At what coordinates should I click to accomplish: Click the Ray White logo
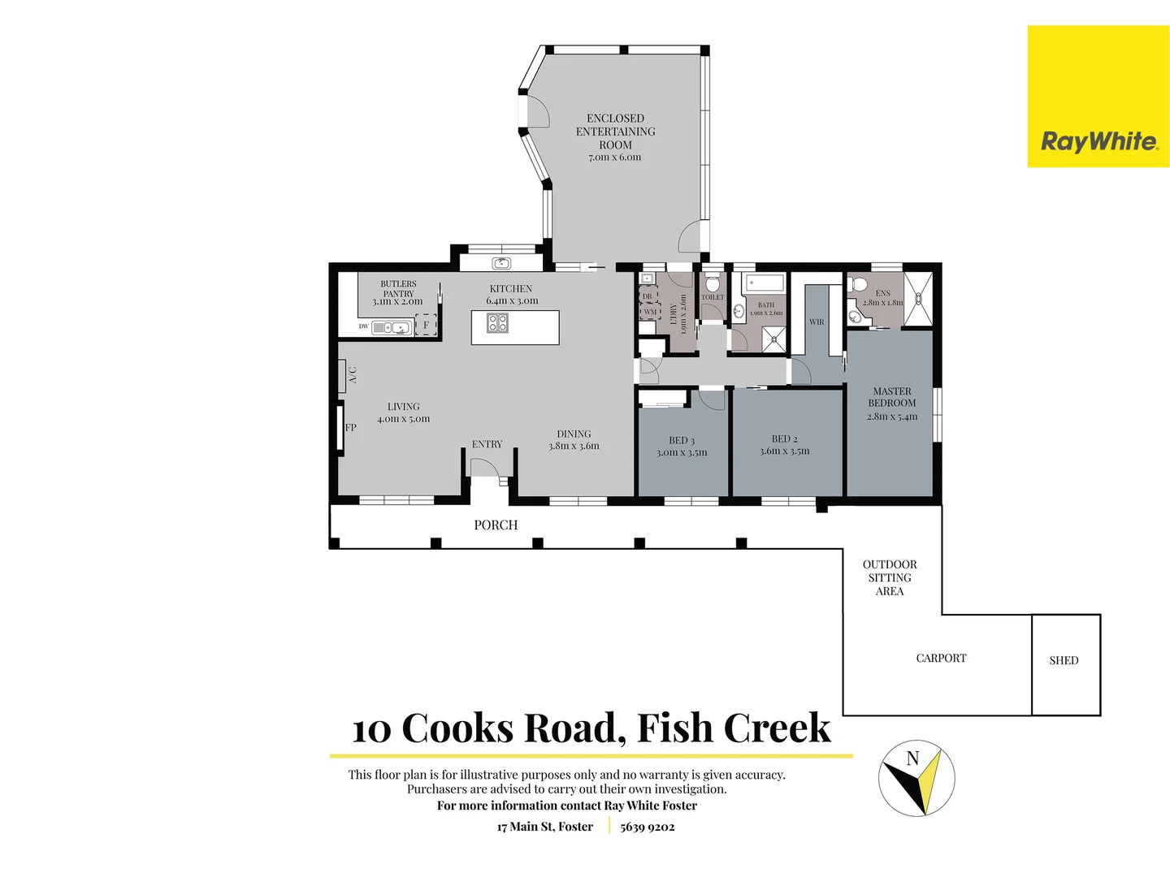click(1098, 97)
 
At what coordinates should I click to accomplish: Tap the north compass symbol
click(916, 778)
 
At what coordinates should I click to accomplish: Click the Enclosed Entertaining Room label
click(615, 132)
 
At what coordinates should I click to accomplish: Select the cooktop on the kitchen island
click(497, 323)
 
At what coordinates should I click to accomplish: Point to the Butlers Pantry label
click(398, 293)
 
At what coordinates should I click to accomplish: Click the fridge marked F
click(426, 325)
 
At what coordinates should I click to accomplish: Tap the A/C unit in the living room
click(343, 375)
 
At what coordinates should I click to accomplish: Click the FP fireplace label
click(350, 427)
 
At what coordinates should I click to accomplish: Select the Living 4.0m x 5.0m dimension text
click(403, 419)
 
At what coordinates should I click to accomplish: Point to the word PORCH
click(496, 525)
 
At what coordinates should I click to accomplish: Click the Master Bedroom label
click(891, 397)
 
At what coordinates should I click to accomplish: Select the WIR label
click(817, 322)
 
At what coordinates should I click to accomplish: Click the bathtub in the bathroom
click(764, 283)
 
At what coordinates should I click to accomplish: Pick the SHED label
click(1064, 660)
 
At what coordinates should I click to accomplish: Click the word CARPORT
click(941, 659)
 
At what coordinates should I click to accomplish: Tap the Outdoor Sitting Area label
click(890, 577)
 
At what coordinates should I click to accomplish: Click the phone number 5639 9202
click(648, 827)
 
